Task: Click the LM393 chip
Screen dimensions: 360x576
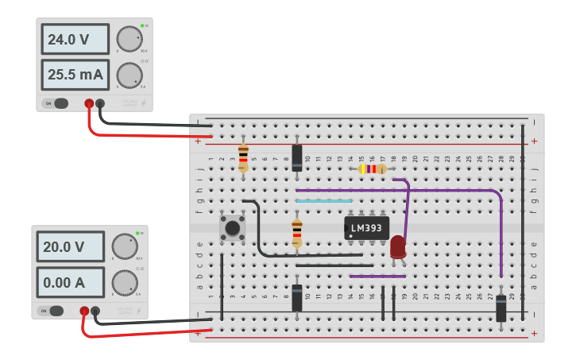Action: [x=366, y=228]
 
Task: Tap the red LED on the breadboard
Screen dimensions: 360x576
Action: [x=397, y=246]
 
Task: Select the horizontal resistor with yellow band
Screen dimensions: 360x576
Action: [x=371, y=168]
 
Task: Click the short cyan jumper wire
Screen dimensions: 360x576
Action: [x=323, y=201]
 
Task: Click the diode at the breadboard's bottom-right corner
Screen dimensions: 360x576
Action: [x=501, y=308]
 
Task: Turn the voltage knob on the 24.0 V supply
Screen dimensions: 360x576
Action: [x=129, y=39]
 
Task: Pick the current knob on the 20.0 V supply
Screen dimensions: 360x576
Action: [x=124, y=282]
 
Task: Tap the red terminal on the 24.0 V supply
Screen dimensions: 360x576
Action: [x=89, y=103]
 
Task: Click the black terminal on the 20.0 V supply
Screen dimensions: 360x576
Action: [x=95, y=311]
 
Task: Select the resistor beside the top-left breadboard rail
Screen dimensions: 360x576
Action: [x=243, y=157]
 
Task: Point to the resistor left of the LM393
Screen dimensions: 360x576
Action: [x=297, y=234]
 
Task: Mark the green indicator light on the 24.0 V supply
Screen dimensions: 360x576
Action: [x=142, y=26]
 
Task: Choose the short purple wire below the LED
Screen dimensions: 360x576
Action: [x=377, y=277]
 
